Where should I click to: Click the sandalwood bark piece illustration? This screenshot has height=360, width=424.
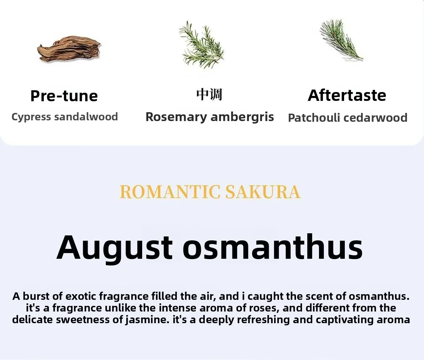coord(69,49)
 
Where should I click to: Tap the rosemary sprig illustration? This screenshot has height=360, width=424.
coord(202,45)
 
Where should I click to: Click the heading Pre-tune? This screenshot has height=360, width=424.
coord(64,96)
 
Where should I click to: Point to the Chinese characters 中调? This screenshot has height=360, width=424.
coord(209,95)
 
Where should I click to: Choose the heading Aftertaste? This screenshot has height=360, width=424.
coord(347,95)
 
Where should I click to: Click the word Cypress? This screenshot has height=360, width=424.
coord(31,117)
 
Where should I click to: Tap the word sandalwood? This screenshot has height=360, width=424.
coord(86,117)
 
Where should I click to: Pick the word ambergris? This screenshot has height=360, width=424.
coord(242,117)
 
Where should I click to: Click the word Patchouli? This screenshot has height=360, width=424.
coord(314,118)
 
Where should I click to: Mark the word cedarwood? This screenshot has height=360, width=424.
coord(375,118)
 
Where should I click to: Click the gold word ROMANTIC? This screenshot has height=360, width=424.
coord(170,192)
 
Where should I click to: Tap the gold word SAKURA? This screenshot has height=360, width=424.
coord(263,192)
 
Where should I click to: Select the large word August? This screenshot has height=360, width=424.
coord(114,248)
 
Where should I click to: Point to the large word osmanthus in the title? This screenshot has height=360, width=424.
coord(273,247)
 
